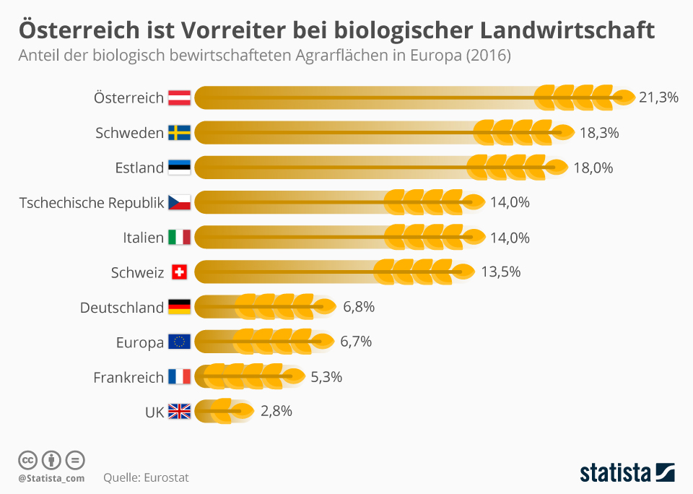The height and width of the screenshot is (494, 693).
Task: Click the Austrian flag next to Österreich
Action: pyautogui.click(x=179, y=97)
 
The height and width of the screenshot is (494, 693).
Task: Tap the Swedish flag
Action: pyautogui.click(x=179, y=133)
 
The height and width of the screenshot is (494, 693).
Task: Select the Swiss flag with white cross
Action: pyautogui.click(x=179, y=272)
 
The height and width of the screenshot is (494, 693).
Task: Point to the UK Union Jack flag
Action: pyautogui.click(x=179, y=412)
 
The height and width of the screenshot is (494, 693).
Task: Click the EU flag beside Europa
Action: pyautogui.click(x=179, y=342)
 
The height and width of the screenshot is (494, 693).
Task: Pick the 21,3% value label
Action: pyautogui.click(x=658, y=97)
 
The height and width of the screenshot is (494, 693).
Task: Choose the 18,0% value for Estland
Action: pyautogui.click(x=593, y=168)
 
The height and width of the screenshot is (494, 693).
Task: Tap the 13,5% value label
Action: pyautogui.click(x=500, y=272)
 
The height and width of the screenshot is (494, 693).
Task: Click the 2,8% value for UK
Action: pyautogui.click(x=276, y=412)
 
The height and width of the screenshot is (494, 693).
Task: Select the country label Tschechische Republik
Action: pyautogui.click(x=92, y=203)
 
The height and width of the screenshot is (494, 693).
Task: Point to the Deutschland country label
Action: pyautogui.click(x=122, y=308)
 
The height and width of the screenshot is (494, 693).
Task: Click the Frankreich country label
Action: pyautogui.click(x=128, y=377)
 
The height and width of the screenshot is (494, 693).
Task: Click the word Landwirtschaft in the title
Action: pyautogui.click(x=566, y=30)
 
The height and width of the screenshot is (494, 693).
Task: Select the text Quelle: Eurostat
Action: pyautogui.click(x=146, y=477)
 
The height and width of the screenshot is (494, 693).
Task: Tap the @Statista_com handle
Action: pyautogui.click(x=51, y=478)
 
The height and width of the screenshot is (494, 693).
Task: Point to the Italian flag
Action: pyautogui.click(x=179, y=238)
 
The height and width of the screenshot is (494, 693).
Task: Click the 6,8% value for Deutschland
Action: pyautogui.click(x=359, y=308)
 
